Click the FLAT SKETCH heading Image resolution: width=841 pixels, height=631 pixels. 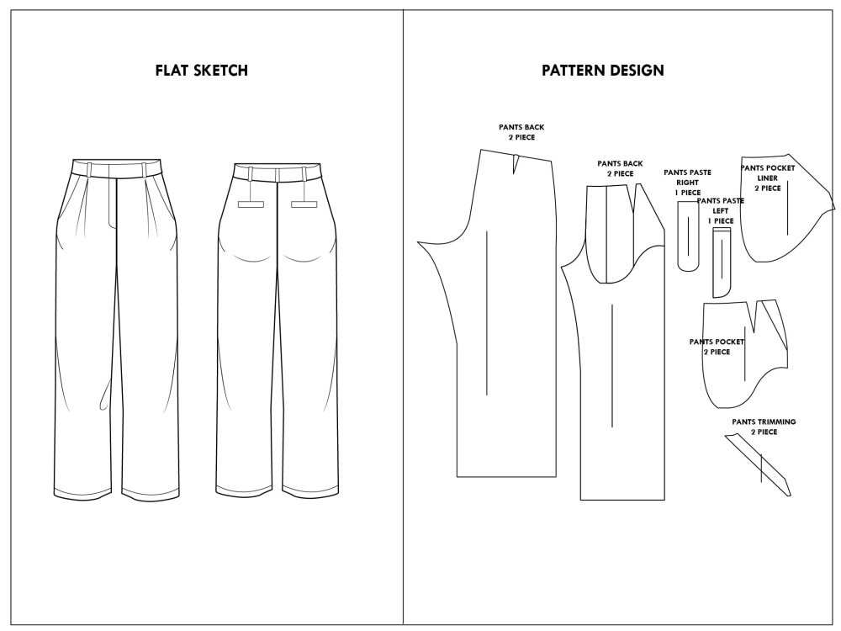point(201,71)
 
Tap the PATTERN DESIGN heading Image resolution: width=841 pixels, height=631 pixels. point(602,71)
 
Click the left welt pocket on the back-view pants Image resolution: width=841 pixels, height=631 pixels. point(251,204)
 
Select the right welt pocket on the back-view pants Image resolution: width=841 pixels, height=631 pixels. point(304,204)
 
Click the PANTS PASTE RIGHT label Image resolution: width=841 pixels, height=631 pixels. point(687,183)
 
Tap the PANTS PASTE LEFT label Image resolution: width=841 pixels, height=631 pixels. point(721,211)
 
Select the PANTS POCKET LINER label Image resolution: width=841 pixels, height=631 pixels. point(768,178)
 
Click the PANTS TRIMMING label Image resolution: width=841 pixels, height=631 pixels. point(764,427)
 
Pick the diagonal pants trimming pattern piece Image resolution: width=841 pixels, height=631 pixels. point(759,464)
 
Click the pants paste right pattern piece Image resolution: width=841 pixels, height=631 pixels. point(688,236)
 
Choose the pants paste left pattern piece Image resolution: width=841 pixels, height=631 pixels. point(722,262)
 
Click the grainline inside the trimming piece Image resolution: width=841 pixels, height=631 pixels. point(761,468)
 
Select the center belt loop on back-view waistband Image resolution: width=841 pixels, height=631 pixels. point(278,175)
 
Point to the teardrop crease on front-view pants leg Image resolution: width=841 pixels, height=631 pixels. point(105,395)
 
